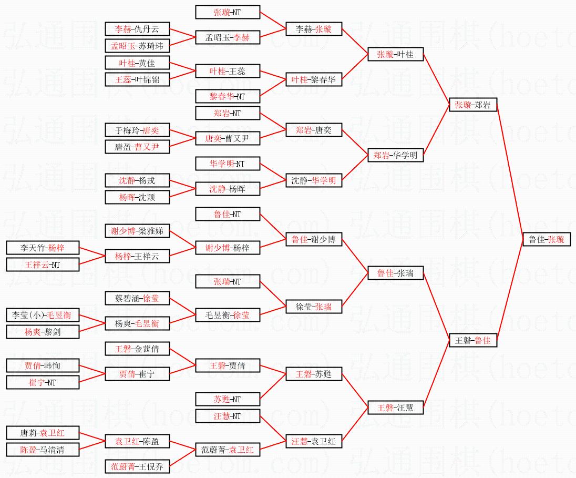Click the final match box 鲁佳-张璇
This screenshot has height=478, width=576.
(x=547, y=239)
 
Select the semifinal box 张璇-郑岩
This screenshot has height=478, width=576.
(x=473, y=105)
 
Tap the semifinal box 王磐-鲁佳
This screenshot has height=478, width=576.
(x=473, y=340)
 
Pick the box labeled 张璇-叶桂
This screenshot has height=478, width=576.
(x=395, y=54)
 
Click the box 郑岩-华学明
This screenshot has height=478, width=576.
(x=395, y=155)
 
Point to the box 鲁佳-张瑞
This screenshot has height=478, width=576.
(x=395, y=273)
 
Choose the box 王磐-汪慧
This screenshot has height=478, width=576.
(x=395, y=408)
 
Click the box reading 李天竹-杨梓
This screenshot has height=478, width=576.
(x=43, y=247)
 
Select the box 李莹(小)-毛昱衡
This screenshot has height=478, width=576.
(x=43, y=315)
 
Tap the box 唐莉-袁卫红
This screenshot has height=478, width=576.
(x=43, y=433)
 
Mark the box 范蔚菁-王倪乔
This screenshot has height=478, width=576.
(x=138, y=466)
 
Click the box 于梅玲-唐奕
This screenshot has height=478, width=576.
(x=138, y=130)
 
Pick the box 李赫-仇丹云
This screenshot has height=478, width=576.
(x=138, y=29)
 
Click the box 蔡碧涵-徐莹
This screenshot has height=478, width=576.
(x=138, y=298)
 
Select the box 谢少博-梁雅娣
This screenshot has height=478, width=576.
(x=138, y=231)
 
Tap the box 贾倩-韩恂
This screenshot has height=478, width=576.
(x=43, y=365)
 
